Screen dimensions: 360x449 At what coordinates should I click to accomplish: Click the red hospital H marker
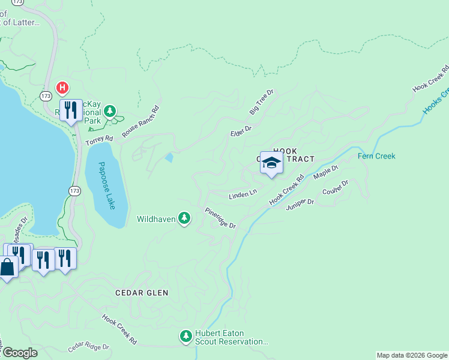[62, 88]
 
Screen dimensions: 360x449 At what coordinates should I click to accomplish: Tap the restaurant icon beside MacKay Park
[71, 110]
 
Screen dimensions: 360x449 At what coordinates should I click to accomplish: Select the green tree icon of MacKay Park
[109, 110]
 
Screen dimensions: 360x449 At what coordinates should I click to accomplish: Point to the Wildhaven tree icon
[185, 219]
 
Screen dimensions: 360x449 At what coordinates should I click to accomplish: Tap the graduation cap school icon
[271, 163]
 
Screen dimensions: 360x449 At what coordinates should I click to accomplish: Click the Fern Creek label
[376, 156]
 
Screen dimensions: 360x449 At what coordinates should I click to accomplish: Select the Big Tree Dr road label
[262, 103]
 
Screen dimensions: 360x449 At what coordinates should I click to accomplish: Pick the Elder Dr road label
[240, 131]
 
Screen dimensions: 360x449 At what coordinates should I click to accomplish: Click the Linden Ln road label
[243, 194]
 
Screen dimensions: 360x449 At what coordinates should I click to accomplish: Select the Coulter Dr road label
[335, 188]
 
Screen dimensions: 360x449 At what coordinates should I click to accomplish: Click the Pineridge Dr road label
[220, 218]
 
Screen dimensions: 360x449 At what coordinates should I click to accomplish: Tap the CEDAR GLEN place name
[142, 293]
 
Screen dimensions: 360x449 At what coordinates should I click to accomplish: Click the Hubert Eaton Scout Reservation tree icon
[185, 335]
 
